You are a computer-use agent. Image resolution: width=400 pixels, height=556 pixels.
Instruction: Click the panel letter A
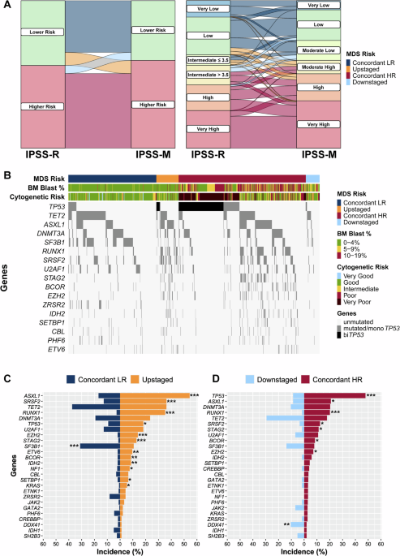(x=5, y=6)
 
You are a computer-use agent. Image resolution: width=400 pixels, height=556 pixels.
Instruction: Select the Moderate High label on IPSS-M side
(x=320, y=67)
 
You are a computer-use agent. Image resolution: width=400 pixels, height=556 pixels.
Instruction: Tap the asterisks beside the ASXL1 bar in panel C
(x=195, y=395)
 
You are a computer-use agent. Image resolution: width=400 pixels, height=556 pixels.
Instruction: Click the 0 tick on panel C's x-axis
(x=120, y=543)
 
